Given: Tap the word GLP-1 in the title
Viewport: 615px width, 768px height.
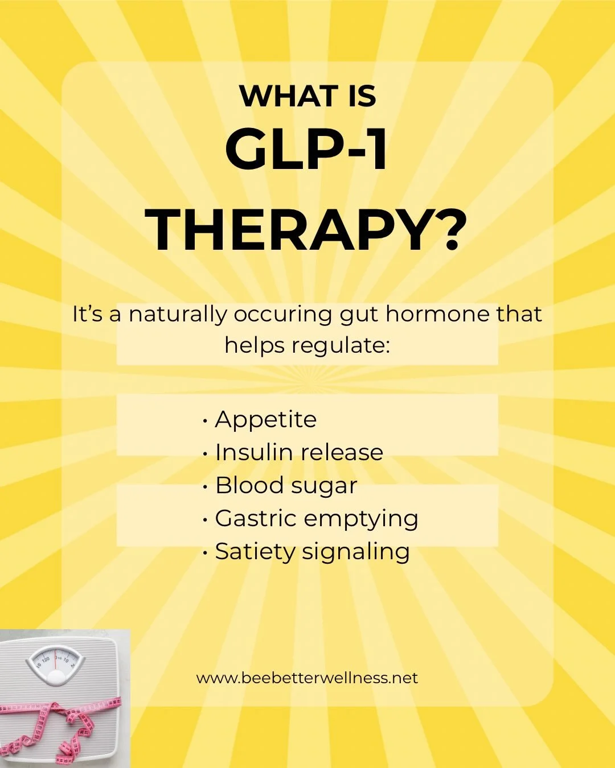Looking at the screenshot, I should pos(307,150).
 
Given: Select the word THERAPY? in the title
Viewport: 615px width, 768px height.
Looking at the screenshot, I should pos(306,230).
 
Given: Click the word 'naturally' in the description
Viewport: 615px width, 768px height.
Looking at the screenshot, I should pos(178,314).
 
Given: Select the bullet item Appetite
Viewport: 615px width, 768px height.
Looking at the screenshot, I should pos(265,420).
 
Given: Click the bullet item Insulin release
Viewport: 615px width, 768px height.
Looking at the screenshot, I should pos(299,453).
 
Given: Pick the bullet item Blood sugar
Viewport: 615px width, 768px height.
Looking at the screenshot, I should pos(286,486).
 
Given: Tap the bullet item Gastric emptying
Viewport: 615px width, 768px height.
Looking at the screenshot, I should pos(317,519).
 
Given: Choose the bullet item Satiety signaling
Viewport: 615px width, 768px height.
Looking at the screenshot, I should pos(312,552).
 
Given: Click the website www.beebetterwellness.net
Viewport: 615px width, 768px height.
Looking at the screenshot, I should pos(307,678).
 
